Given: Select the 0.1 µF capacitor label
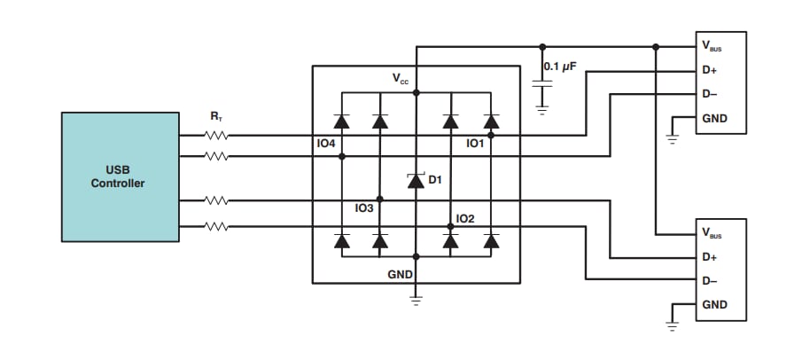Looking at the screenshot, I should pos(560,67).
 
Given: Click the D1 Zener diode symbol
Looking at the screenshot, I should pos(416,180).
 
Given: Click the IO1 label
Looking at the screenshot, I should pos(475,143).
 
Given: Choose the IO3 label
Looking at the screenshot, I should pos(364,209).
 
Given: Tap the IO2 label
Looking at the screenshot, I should pos(465,218).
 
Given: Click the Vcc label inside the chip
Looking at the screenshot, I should pos(401,79).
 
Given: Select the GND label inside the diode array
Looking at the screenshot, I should pos(400,275).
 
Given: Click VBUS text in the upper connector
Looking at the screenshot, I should pos(711,46).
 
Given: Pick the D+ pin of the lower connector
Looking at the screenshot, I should pos(709,257).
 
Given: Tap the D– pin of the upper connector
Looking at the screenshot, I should pos(709,93).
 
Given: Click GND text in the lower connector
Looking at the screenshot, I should pos(714,304).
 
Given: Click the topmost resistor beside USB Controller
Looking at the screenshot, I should pos(216,136).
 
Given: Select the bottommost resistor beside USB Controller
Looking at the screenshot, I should pos(216,226).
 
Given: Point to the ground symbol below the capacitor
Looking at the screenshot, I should pos(541,110).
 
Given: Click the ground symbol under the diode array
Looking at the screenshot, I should pos(416,299).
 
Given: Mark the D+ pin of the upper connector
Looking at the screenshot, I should pos(709,69).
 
